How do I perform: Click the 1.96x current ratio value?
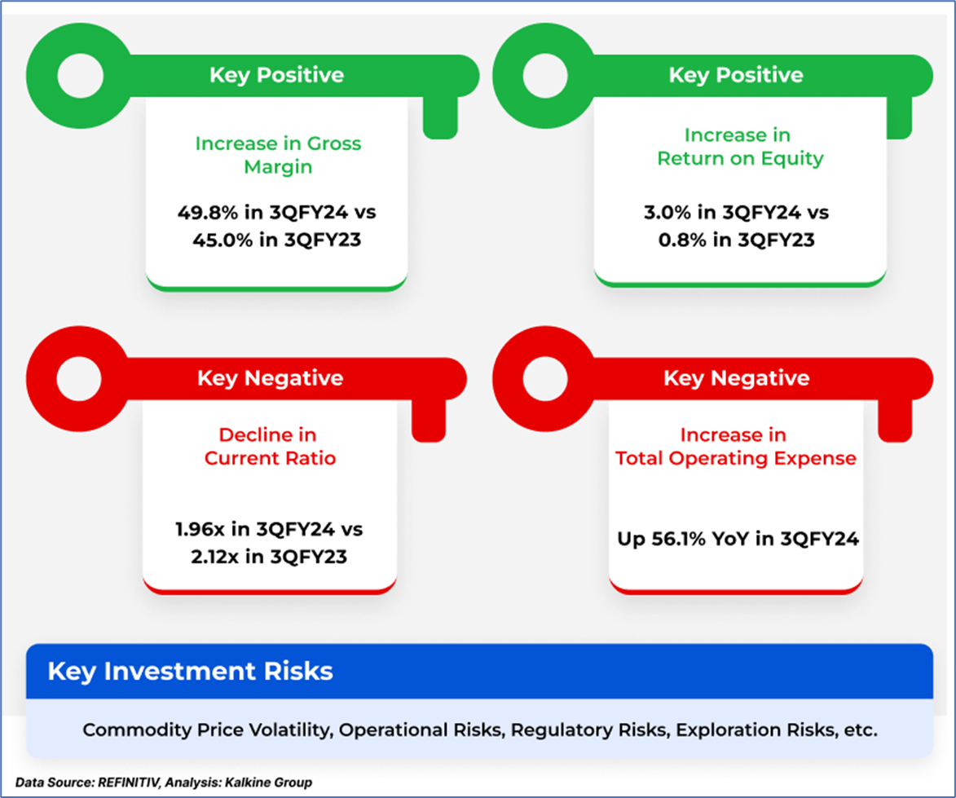(x=200, y=529)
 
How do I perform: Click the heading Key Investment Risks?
(x=190, y=671)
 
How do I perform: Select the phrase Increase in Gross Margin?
(x=278, y=155)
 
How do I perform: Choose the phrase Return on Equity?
(x=740, y=158)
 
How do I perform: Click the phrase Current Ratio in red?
(x=270, y=458)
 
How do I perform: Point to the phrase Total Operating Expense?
(x=736, y=458)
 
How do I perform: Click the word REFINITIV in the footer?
(x=127, y=783)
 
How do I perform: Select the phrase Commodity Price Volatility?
(x=207, y=730)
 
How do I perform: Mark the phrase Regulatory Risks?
(x=588, y=730)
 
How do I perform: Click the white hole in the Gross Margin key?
(x=81, y=76)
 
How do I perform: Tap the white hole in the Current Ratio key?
(x=79, y=378)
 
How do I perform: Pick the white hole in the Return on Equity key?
(x=546, y=76)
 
